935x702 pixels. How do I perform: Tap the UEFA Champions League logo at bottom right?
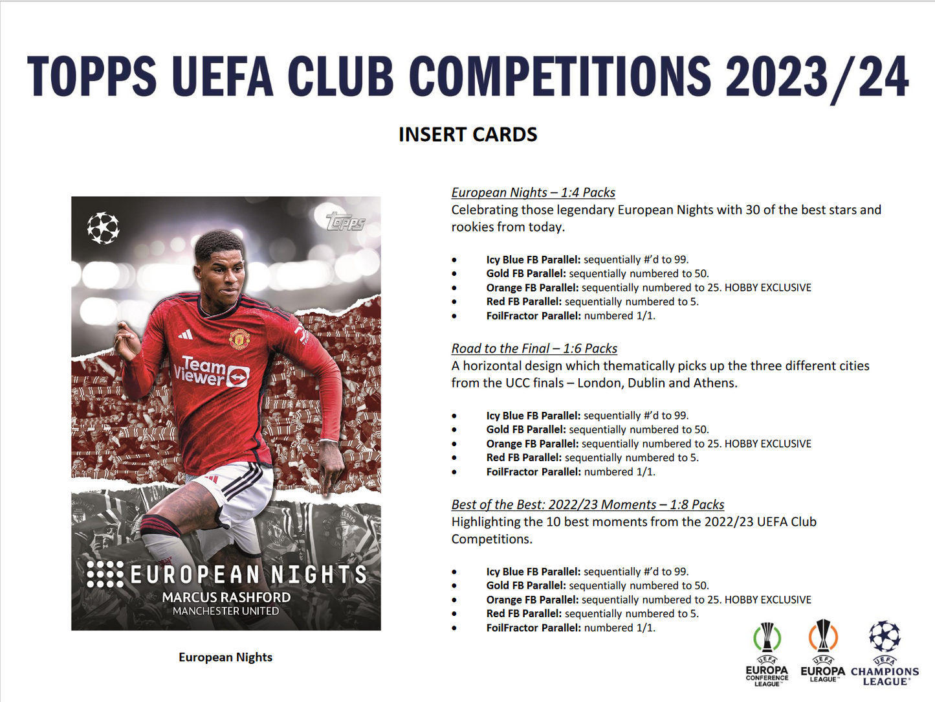click(885, 653)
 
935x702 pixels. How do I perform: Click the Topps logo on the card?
click(346, 221)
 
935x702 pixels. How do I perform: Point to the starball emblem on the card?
click(104, 228)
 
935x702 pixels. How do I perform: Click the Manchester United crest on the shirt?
click(239, 338)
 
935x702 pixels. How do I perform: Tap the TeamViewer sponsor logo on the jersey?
click(212, 371)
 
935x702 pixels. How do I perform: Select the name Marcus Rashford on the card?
click(226, 597)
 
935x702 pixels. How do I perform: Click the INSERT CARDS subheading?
click(468, 134)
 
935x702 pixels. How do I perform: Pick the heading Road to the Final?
click(534, 348)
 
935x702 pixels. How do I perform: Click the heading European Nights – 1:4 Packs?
click(533, 192)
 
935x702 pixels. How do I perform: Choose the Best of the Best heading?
click(588, 504)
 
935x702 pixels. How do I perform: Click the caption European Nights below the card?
click(225, 657)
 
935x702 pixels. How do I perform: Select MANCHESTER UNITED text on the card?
click(226, 611)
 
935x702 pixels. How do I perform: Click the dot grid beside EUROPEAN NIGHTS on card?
click(105, 574)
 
